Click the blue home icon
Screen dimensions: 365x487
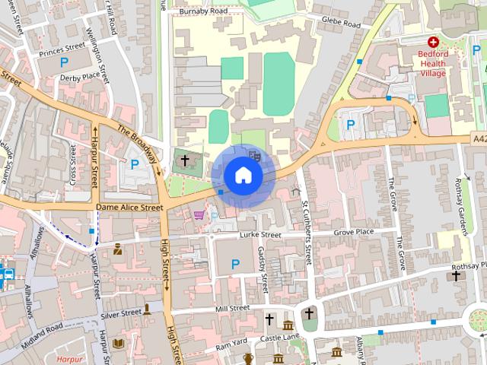click(x=243, y=175)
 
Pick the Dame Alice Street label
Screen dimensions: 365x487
click(x=129, y=206)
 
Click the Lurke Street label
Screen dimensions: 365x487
click(x=260, y=236)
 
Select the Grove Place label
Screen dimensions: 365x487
click(x=355, y=231)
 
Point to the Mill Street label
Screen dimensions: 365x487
click(x=232, y=308)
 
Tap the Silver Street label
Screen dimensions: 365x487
click(x=121, y=313)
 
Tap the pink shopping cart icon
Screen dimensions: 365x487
click(x=199, y=215)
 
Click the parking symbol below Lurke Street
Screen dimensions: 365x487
click(x=235, y=263)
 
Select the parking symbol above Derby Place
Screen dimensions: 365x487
click(x=64, y=62)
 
